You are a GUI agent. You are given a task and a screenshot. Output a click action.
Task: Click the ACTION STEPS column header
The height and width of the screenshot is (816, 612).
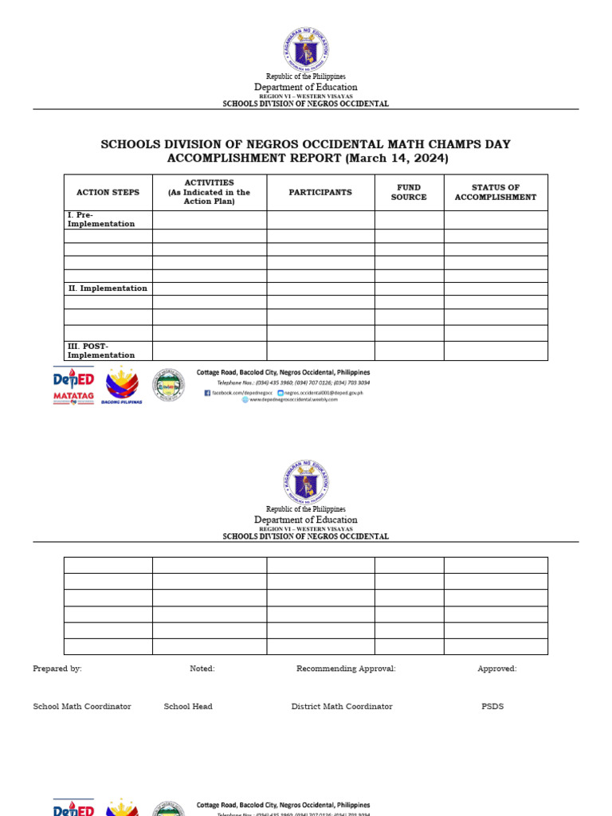coord(108,192)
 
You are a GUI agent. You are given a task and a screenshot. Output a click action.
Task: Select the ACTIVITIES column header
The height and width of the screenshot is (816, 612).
coord(209,192)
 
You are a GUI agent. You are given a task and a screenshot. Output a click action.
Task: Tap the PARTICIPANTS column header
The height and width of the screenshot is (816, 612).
coord(320,192)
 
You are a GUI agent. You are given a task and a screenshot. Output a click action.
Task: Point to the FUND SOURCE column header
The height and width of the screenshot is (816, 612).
coord(409,192)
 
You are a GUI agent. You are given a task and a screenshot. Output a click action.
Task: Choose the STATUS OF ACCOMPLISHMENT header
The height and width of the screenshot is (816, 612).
coord(496,192)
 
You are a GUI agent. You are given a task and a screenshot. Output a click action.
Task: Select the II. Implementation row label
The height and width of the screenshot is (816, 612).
coord(108,288)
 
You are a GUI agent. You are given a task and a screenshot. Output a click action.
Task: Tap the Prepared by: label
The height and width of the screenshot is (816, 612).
coord(57,669)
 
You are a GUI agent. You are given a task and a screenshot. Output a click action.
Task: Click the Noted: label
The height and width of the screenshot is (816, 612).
coord(202,669)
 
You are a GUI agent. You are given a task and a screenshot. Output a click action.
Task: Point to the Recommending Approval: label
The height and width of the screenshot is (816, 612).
coord(346,669)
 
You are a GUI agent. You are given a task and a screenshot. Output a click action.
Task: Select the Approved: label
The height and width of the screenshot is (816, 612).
coord(497,669)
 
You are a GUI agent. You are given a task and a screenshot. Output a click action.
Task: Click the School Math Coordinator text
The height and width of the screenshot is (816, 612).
coord(82,706)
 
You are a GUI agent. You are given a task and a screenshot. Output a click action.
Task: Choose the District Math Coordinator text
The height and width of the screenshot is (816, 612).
coord(342,706)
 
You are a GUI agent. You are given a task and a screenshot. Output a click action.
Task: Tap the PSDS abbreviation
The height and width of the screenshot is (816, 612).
coord(492,706)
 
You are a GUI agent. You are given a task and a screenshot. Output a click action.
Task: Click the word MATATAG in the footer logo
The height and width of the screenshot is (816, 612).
coord(73,394)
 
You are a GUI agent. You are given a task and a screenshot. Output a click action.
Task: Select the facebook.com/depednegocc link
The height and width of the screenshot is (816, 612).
coord(239,393)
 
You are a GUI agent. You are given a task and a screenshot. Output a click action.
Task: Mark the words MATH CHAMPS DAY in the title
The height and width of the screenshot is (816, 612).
coord(450,144)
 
